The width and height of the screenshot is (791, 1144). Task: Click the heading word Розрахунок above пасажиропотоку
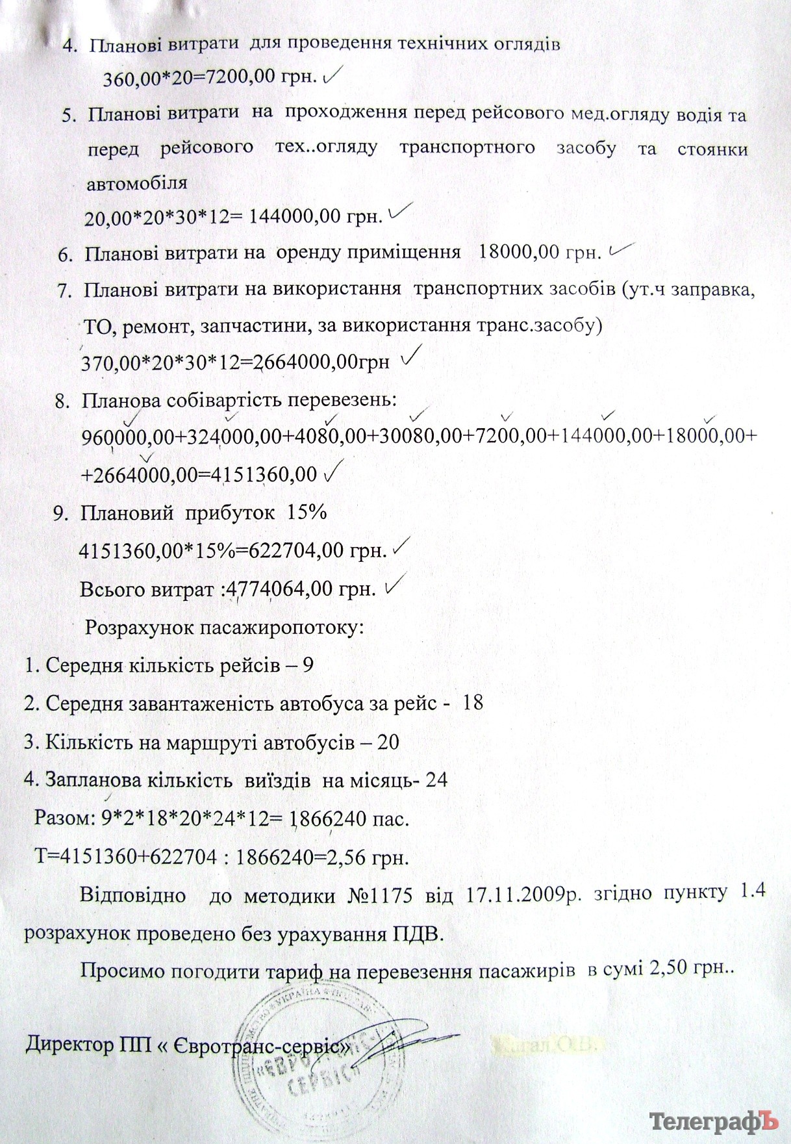click(x=140, y=628)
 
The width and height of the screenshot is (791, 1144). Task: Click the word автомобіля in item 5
click(x=137, y=183)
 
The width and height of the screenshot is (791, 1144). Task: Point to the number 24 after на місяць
click(x=436, y=780)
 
